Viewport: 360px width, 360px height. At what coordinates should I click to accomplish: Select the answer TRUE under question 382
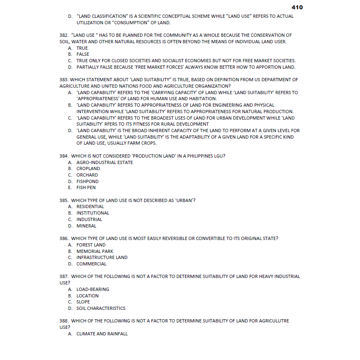(x=82, y=48)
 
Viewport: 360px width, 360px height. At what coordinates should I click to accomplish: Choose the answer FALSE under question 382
(x=83, y=54)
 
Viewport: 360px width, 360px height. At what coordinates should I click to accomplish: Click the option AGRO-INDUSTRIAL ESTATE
(x=104, y=162)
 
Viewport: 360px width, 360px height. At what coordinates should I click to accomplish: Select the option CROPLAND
(x=88, y=168)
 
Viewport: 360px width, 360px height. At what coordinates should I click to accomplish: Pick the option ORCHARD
(x=87, y=175)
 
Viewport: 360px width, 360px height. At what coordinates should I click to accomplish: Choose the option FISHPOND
(x=87, y=181)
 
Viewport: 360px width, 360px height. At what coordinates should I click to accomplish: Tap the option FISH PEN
(x=86, y=187)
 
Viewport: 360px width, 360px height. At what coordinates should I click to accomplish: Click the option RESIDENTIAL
(x=90, y=206)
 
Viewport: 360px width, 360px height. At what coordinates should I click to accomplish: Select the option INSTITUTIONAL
(x=93, y=213)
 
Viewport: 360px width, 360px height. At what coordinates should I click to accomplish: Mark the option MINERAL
(x=86, y=226)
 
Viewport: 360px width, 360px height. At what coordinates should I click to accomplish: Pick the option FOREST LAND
(x=91, y=245)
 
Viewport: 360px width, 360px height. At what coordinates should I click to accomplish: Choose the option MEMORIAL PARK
(x=95, y=251)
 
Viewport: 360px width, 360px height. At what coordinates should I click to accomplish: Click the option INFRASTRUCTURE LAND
(x=102, y=257)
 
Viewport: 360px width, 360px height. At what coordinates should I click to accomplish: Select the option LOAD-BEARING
(x=93, y=289)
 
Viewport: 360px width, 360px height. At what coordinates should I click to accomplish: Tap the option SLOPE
(x=83, y=302)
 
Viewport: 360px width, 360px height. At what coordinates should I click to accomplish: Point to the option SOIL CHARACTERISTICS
(x=101, y=308)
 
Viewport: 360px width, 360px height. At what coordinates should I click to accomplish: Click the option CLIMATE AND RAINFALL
(x=102, y=334)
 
